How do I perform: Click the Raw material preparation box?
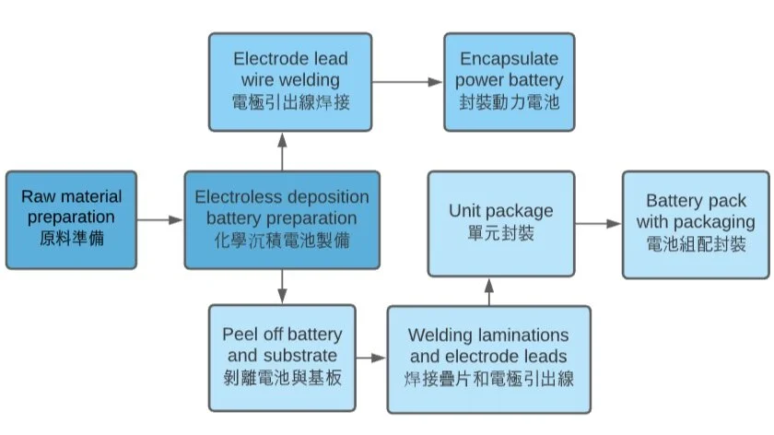pos(71,219)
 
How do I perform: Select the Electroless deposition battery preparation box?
pos(282,219)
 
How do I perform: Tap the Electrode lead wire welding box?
pos(290,81)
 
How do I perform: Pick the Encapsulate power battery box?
pos(510,81)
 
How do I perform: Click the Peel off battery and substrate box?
pos(282,356)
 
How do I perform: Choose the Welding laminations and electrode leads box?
pos(487,358)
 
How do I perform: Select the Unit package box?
pos(500,223)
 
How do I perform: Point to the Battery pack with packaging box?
pos(695,223)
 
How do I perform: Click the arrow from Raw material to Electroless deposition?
pos(160,220)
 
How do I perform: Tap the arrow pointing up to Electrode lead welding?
pos(282,150)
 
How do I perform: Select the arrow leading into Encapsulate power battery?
pos(408,81)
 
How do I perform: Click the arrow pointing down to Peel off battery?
pos(282,287)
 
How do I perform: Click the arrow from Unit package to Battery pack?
pos(598,223)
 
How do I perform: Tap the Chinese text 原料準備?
pos(71,239)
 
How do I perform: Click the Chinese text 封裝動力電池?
pos(510,101)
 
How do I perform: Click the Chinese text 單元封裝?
pos(500,233)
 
